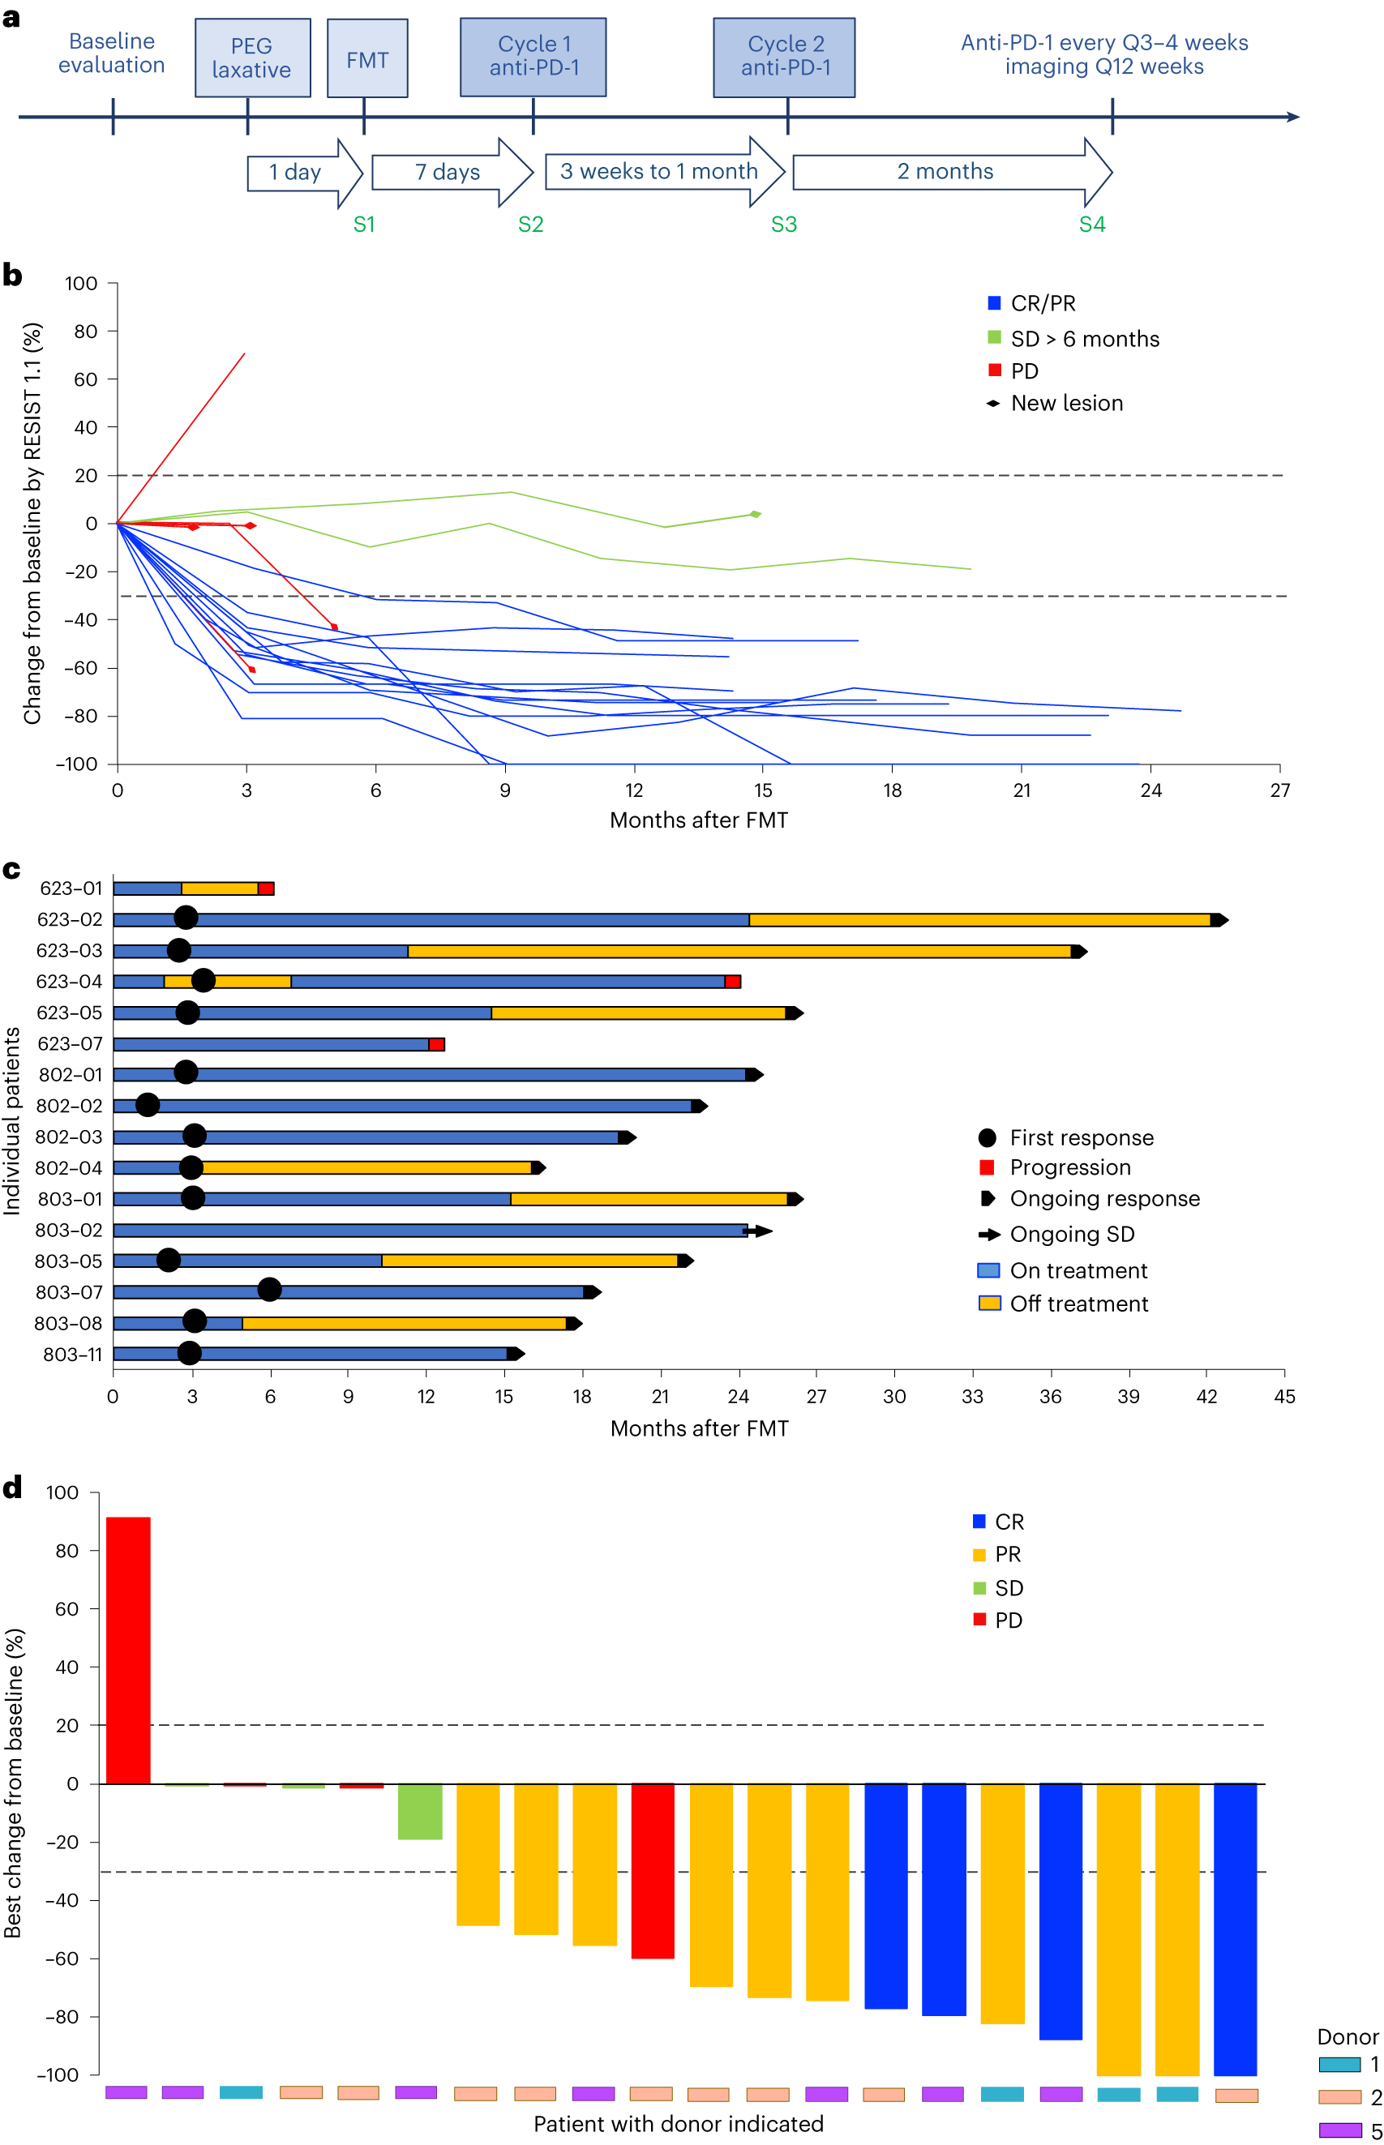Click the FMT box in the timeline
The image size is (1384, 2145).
[x=366, y=58]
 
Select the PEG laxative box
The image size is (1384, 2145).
[x=252, y=58]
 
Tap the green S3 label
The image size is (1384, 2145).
[x=784, y=225]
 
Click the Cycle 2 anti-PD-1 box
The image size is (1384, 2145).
[x=784, y=57]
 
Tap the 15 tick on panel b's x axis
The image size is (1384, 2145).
[x=763, y=790]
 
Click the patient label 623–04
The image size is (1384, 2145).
[x=69, y=981]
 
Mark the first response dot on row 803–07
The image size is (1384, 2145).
[x=268, y=1291]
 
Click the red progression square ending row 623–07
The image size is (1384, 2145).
[x=437, y=1044]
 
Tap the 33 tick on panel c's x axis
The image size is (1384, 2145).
[x=972, y=1396]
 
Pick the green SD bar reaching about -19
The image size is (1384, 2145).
[x=420, y=1811]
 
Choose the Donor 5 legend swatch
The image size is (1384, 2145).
[x=1340, y=2129]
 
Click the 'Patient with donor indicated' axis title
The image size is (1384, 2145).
[x=678, y=2123]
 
